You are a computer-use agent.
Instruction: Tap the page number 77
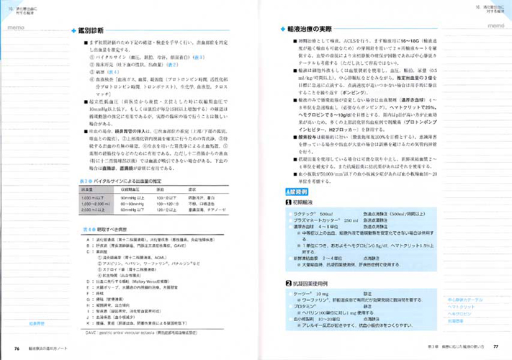(x=495, y=348)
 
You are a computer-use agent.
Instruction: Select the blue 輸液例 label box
(x=297, y=194)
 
